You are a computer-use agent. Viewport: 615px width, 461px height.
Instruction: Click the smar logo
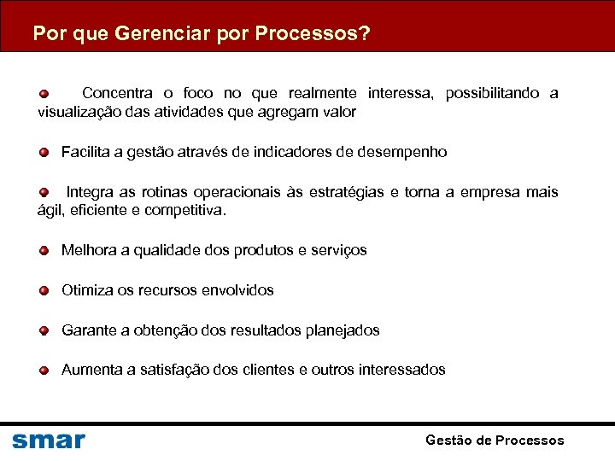click(x=49, y=441)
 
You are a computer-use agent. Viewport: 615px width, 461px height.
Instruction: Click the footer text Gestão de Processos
click(x=495, y=441)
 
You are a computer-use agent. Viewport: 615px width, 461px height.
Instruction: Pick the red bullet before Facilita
click(x=44, y=153)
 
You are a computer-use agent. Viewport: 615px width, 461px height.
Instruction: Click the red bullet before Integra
click(x=44, y=192)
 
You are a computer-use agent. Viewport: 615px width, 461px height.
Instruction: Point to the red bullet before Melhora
click(x=44, y=251)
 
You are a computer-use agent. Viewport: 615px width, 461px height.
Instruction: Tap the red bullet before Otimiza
click(x=44, y=291)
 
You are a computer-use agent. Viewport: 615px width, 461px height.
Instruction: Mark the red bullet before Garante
click(x=44, y=330)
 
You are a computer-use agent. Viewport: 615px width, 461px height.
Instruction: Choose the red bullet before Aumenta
click(x=44, y=371)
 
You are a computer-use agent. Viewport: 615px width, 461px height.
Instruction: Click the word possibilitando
click(x=493, y=93)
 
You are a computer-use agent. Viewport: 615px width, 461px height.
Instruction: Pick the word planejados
click(x=338, y=330)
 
